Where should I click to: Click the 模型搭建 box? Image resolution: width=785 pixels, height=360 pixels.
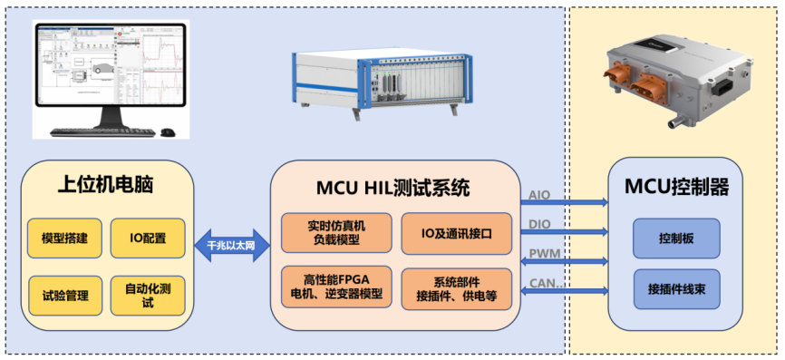tap(64, 238)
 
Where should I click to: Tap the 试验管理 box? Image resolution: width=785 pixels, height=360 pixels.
tap(64, 295)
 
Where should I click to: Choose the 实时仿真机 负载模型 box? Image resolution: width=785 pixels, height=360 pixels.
tap(336, 233)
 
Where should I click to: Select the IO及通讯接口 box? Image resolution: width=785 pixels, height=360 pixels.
tap(458, 233)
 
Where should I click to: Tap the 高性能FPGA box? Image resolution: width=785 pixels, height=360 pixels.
tap(336, 286)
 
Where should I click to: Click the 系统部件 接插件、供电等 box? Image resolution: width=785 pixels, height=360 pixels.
tap(458, 287)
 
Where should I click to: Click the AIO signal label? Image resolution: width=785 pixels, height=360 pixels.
tap(539, 194)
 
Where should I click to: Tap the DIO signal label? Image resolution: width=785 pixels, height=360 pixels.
tap(539, 223)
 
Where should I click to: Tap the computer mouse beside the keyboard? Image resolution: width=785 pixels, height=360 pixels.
tap(167, 133)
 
